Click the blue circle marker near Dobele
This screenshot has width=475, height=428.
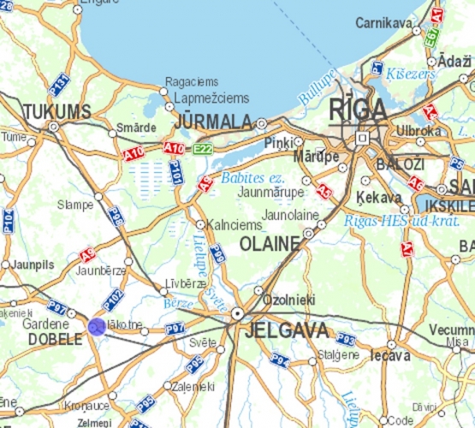pos(97,326)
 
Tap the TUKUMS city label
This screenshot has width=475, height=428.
pos(56,112)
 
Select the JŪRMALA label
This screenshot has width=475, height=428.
pos(213,122)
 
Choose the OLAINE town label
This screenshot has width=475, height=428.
pos(270,244)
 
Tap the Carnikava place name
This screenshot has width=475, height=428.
pos(384,22)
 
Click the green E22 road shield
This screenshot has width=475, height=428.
pos(202,149)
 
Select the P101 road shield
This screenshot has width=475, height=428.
pos(175,173)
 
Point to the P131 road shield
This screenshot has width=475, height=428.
pos(58,84)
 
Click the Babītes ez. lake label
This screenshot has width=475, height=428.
pos(251,178)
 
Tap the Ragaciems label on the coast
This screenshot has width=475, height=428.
pos(193,82)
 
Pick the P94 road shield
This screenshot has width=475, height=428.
pos(279,358)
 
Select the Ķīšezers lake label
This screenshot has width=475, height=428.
pos(411,74)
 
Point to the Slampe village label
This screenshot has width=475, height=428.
pos(75,205)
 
